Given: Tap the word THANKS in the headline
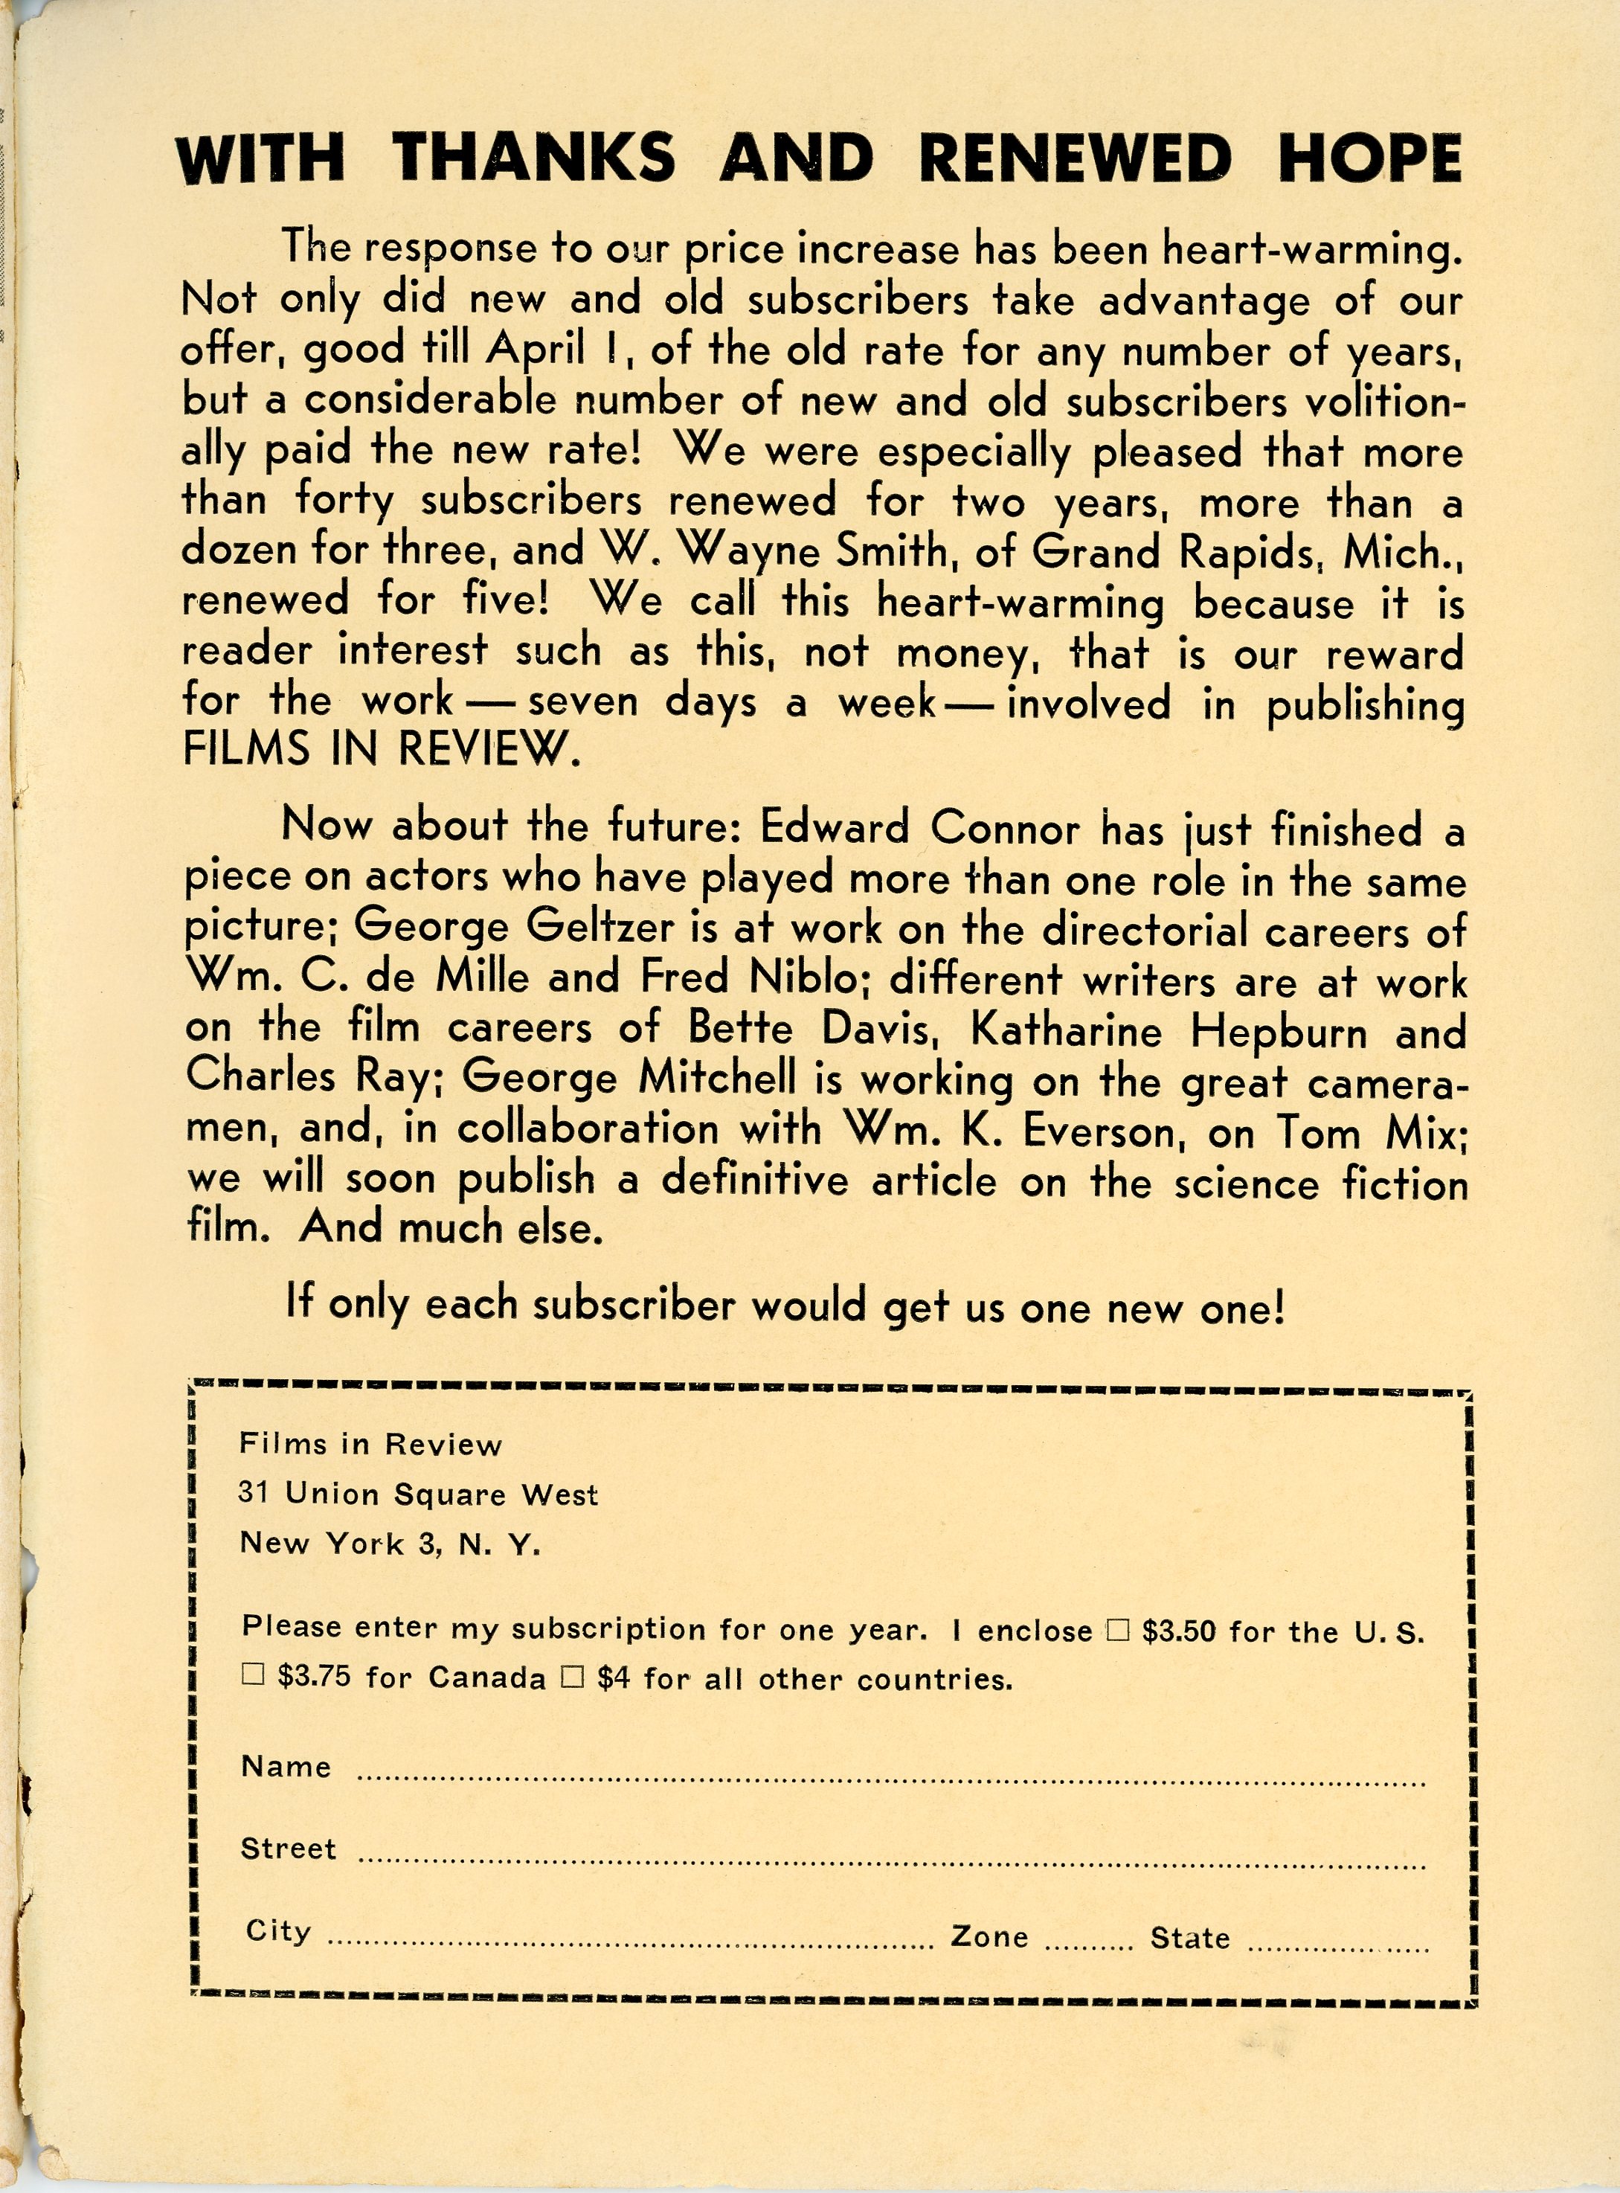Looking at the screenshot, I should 533,158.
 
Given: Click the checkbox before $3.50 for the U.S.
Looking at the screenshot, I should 1118,1630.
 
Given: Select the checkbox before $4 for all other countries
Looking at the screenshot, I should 573,1677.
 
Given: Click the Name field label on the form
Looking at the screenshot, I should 286,1766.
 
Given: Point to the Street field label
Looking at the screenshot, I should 289,1849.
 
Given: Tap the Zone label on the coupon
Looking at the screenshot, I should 989,1936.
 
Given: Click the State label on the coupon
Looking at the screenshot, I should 1189,1937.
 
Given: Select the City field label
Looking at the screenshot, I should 278,1930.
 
